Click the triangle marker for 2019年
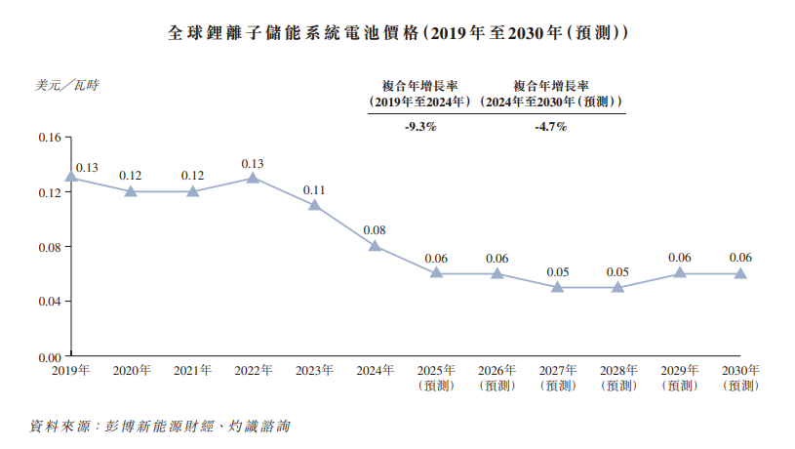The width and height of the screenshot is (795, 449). [71, 177]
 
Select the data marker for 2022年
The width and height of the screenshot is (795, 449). [254, 177]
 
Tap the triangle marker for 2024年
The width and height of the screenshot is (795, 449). [376, 245]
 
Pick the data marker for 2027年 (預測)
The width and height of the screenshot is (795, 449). [558, 287]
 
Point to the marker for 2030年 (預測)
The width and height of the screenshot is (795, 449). [740, 273]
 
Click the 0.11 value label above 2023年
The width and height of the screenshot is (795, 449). [314, 189]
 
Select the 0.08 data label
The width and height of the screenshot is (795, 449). [375, 230]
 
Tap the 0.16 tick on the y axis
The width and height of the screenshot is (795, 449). [49, 137]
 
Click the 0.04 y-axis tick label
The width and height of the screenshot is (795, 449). [49, 302]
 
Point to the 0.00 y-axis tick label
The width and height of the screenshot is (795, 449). [49, 356]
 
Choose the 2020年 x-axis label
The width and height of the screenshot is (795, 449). [132, 371]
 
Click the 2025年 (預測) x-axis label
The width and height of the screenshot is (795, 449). [436, 378]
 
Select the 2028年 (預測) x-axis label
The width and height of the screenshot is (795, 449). [618, 378]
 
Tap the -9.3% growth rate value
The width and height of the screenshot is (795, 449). [419, 127]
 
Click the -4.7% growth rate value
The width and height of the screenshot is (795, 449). [551, 127]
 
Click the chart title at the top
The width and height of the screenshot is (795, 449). [397, 32]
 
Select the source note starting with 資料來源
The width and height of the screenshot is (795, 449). [161, 427]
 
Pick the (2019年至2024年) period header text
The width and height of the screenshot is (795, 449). [420, 102]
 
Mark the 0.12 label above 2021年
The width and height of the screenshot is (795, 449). [192, 176]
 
